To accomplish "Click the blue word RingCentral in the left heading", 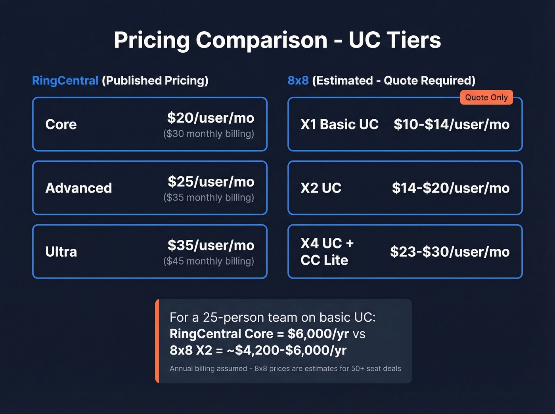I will (65, 80).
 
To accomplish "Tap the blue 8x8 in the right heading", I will (298, 80).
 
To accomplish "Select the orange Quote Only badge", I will (486, 97).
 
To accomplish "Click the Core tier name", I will (61, 124).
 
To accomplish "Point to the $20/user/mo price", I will (211, 118).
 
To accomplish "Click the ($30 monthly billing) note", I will (209, 134).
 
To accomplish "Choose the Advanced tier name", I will (79, 188).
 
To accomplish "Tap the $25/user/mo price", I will (211, 181).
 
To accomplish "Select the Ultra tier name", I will (61, 252).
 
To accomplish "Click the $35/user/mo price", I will (211, 245).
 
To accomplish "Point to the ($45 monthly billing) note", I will (209, 261).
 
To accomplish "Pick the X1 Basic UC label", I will (339, 124).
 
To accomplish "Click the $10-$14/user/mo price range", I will (452, 124).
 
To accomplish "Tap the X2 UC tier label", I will (321, 188).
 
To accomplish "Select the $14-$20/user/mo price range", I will (451, 188).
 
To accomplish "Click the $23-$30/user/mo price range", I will (450, 252).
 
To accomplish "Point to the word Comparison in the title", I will (262, 40).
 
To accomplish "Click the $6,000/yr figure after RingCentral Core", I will (318, 334).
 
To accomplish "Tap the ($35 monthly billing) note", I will (209, 197).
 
